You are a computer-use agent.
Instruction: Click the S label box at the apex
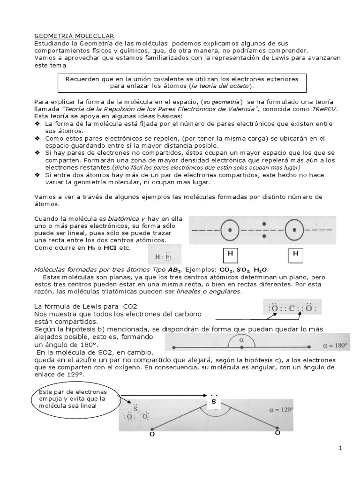[x=214, y=402]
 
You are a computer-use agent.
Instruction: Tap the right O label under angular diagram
[x=277, y=433]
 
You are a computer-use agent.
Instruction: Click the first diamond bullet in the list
[x=37, y=123]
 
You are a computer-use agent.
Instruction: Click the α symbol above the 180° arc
[x=242, y=338]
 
